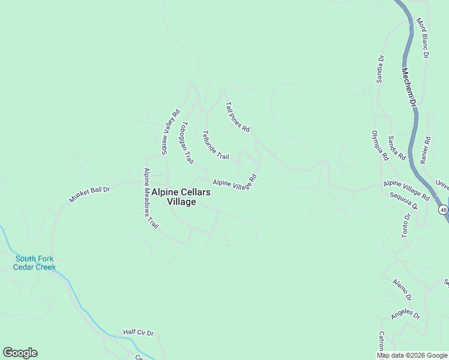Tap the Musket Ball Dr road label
89,194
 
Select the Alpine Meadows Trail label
150,198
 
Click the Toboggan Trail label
187,143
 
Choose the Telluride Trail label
215,145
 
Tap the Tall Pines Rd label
237,117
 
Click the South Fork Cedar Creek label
35,263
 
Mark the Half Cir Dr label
139,332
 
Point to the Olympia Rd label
379,146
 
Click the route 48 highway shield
442,209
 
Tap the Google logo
20,353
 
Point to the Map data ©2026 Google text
411,355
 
